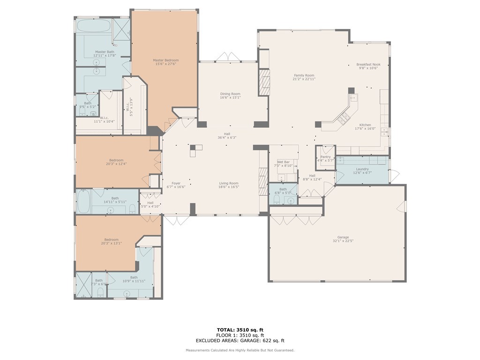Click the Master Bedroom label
pos(165,60)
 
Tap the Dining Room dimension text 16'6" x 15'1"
pos(230,97)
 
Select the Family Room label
pos(304,75)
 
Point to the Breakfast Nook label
pos(368,64)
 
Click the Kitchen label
pos(365,125)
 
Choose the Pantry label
pos(325,157)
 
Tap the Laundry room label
pos(362,169)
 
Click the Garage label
pos(343,237)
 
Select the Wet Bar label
pos(283,162)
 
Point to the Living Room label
pos(229,183)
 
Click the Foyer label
pos(176,183)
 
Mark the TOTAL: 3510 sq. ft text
pos(240,330)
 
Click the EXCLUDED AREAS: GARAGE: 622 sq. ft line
pos(240,341)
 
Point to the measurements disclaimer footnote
pos(240,350)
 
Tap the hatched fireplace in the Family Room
pos(265,82)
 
